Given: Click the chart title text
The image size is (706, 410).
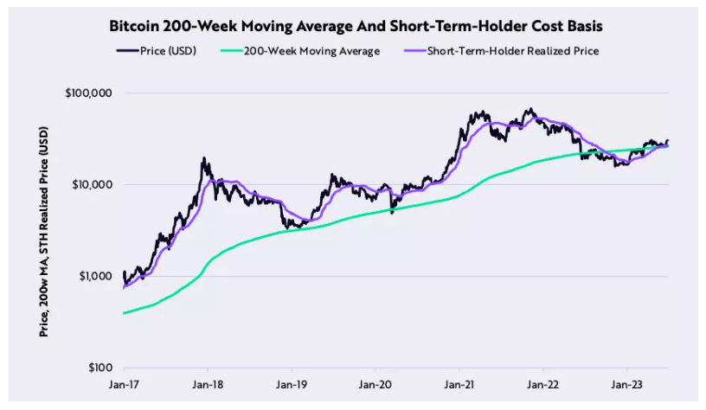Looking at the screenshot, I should (x=352, y=26).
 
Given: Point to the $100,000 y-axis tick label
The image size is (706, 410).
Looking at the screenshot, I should (x=89, y=93).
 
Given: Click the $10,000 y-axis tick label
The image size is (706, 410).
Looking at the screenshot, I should (x=92, y=184).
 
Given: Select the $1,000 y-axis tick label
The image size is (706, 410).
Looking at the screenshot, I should (x=94, y=277).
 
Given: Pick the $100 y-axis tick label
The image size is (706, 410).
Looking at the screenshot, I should (x=99, y=368).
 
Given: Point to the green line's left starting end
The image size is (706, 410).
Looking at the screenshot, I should (x=125, y=313).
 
